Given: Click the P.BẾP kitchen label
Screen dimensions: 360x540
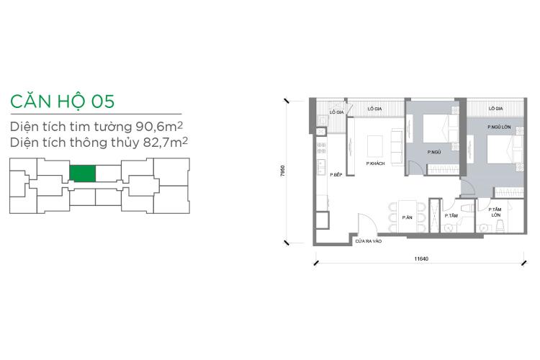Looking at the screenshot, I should click(335, 175).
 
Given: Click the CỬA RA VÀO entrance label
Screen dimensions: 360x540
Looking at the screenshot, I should click(368, 243).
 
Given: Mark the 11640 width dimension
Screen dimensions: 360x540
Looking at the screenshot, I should click(423, 258).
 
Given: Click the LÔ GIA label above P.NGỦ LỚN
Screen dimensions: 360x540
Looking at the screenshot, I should click(495, 109).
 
